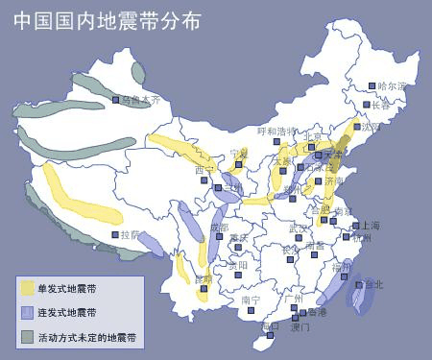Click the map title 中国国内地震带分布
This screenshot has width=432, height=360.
108,20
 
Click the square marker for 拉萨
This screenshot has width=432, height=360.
116,235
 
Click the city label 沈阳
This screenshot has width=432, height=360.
371,126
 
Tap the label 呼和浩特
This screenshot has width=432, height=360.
277,131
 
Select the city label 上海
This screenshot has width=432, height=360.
367,227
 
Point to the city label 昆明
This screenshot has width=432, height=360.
204,278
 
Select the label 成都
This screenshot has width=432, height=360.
220,228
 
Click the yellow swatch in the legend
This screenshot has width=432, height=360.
27,287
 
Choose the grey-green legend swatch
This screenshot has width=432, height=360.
27,337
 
